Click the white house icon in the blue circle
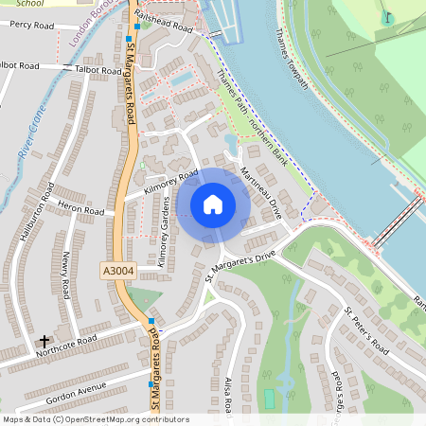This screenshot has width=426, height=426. click(213, 204)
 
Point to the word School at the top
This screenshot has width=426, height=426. click(18, 4)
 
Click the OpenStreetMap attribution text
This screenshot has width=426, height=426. click(95, 419)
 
